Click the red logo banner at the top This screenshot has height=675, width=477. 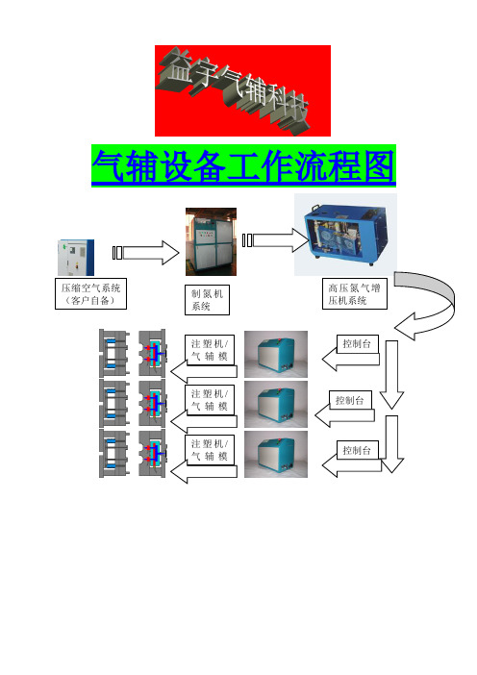(242, 90)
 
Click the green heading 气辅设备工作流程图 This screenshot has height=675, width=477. (243, 165)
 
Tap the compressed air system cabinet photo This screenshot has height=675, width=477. (76, 258)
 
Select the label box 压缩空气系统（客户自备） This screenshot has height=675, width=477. (90, 293)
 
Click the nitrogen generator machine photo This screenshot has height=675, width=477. (211, 241)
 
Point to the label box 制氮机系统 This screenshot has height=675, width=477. (207, 300)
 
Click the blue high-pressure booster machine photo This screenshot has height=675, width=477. (345, 235)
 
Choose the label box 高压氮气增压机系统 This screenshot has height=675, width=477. (355, 293)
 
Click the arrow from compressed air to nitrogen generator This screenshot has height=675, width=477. (146, 253)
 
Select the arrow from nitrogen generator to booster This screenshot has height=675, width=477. (276, 239)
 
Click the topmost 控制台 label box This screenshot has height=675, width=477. (358, 343)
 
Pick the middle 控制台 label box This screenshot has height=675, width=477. (350, 400)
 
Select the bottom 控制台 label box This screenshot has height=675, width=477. (358, 450)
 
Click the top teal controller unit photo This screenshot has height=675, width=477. (276, 354)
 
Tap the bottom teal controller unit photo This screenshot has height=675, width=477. (276, 454)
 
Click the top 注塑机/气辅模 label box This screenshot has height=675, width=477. (210, 350)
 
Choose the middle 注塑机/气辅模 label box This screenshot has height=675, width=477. (210, 400)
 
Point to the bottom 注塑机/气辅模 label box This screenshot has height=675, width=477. (210, 450)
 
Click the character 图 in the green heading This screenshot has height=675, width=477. (379, 165)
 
